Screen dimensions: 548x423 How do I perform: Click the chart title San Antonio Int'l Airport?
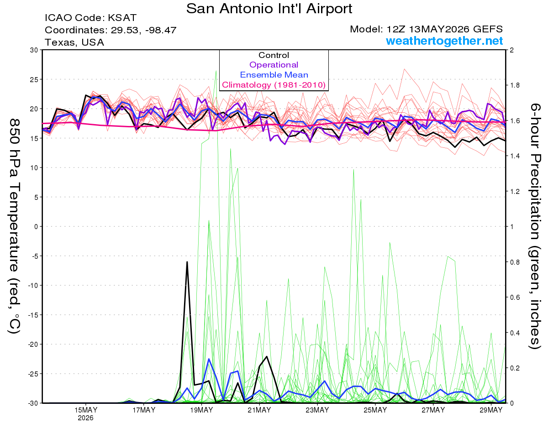pos(269,9)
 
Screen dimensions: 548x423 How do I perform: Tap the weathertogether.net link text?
pos(444,41)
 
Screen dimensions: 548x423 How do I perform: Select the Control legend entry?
pos(274,55)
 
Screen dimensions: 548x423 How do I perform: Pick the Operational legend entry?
pos(274,65)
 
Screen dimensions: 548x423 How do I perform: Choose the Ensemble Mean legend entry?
pos(274,75)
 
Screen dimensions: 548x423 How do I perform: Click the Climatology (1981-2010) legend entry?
pos(274,85)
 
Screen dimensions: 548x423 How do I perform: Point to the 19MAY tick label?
pos(201,410)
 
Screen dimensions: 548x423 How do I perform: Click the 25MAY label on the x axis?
pos(375,410)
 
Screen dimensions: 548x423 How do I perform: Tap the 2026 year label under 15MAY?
pos(85,418)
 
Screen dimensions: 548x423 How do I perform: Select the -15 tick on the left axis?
pos(33,315)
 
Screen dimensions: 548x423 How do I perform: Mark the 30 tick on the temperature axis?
pos(34,50)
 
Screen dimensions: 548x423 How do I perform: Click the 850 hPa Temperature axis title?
pos(14,226)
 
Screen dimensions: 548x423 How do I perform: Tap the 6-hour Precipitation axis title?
pos(534,226)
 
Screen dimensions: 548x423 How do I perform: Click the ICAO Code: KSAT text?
pos(90,18)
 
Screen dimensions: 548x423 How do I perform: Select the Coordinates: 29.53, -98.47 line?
pos(111,30)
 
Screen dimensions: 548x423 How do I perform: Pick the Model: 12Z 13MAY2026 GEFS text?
pos(426,29)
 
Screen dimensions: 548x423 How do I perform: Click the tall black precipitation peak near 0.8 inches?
pos(187,262)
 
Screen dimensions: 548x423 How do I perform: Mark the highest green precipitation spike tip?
pos(216,71)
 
